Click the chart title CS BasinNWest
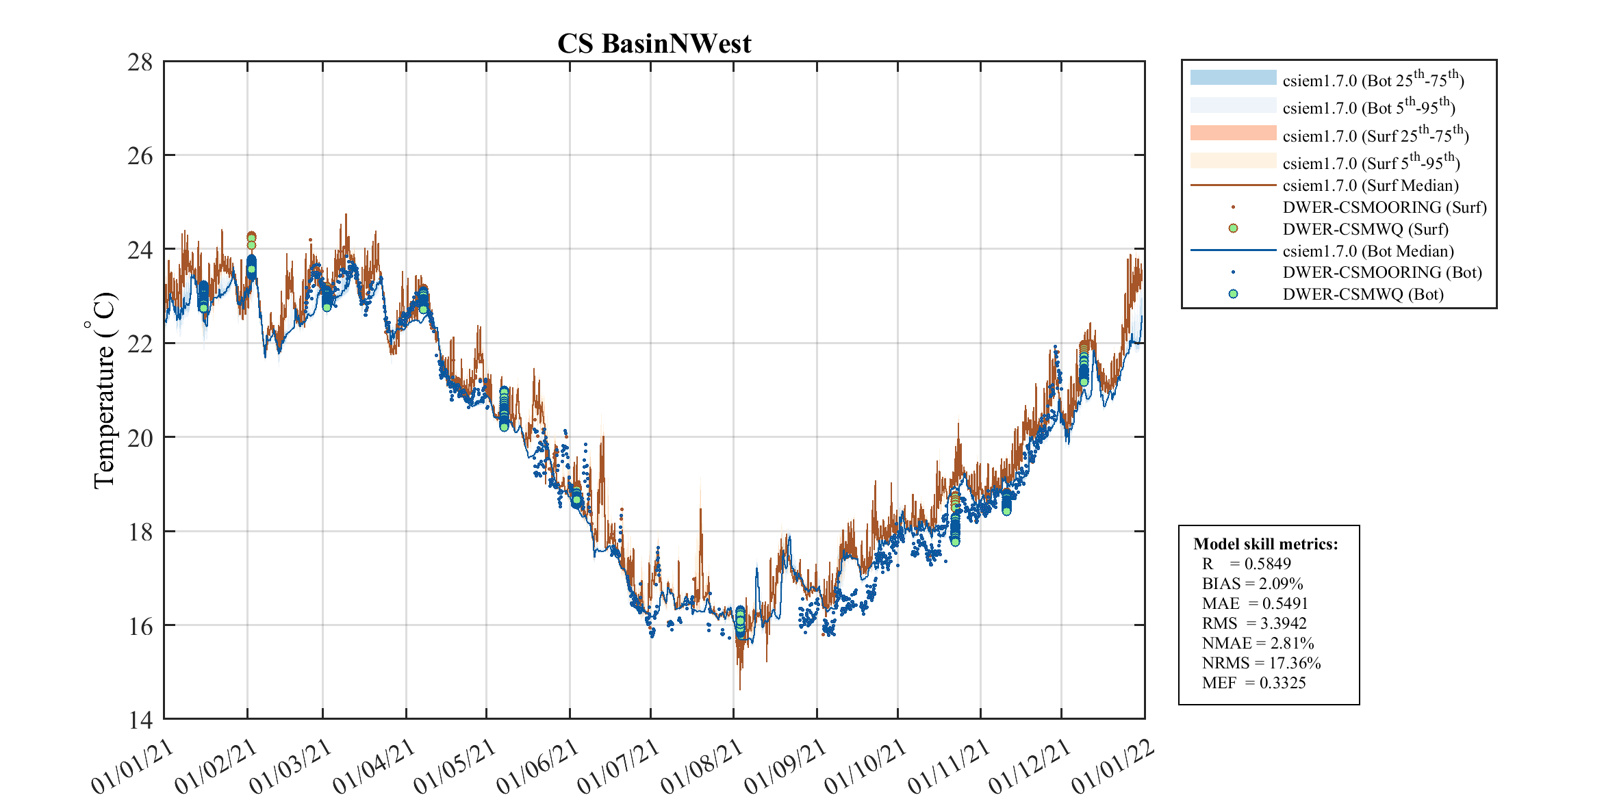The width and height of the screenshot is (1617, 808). [x=654, y=44]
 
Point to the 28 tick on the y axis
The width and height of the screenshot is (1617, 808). [x=140, y=62]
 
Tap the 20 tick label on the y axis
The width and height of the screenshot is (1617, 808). [x=140, y=438]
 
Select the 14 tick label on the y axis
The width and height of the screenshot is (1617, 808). [x=140, y=720]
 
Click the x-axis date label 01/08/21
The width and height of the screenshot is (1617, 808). [x=702, y=767]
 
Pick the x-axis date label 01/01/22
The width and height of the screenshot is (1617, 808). [x=1112, y=767]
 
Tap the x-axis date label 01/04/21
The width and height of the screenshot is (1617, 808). [x=374, y=767]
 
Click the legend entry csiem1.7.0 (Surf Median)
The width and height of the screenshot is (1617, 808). [x=1370, y=185]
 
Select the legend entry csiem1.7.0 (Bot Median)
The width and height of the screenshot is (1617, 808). [x=1368, y=251]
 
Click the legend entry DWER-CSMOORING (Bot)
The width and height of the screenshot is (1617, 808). [x=1382, y=272]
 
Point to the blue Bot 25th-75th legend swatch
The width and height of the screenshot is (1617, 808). [x=1233, y=78]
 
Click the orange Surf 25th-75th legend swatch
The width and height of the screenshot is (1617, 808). [x=1233, y=133]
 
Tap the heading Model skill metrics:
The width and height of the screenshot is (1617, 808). [x=1265, y=544]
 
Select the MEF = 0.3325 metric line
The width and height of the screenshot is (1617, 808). [x=1253, y=683]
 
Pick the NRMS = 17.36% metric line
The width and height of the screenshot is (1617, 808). [x=1261, y=663]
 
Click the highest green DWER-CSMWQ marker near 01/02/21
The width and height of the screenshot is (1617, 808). [x=251, y=237]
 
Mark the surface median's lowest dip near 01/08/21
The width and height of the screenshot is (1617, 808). [x=740, y=688]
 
